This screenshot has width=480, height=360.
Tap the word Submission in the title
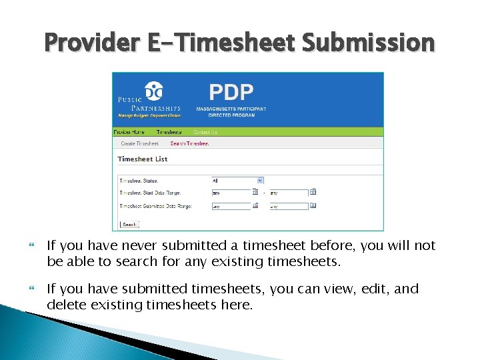(x=368, y=43)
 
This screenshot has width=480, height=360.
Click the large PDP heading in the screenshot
(x=231, y=91)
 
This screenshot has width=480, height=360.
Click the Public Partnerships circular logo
(x=153, y=89)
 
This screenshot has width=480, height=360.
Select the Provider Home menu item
(x=129, y=132)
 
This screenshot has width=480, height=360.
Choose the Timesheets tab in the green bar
(x=169, y=132)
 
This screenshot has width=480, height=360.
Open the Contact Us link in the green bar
(x=205, y=132)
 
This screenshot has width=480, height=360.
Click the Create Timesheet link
(x=139, y=143)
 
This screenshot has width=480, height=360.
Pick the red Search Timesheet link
(x=189, y=143)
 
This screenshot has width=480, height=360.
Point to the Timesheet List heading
(x=142, y=159)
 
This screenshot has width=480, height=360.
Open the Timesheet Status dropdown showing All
(x=237, y=180)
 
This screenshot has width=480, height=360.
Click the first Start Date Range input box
(x=230, y=193)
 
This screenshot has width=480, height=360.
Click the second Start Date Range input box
(x=288, y=193)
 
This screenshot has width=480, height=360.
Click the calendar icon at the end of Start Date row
(x=313, y=192)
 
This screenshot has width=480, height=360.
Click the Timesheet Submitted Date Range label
(x=155, y=207)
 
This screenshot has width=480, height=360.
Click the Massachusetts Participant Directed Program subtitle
(x=231, y=112)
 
